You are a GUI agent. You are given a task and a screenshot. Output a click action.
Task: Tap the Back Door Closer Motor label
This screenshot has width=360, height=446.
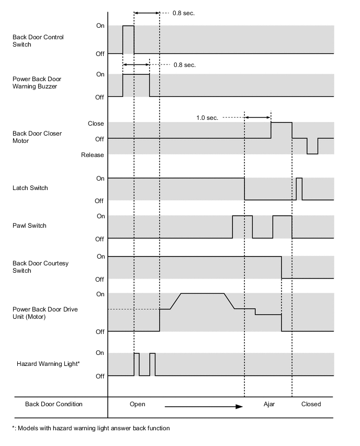coord(37,137)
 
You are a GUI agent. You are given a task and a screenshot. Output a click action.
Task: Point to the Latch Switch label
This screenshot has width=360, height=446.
coord(30,188)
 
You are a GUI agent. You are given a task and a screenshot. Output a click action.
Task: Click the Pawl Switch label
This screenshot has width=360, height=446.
coord(29,226)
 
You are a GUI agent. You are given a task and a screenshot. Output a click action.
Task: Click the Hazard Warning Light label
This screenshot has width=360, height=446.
coord(48,363)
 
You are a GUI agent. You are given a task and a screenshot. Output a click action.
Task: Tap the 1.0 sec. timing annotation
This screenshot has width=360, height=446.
coord(207,118)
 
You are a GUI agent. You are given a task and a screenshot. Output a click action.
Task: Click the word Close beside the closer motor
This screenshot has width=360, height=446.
coord(96,124)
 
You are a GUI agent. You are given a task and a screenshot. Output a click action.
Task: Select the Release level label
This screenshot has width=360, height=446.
coord(93,155)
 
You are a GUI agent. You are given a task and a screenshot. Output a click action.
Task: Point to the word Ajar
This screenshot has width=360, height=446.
coord(269,404)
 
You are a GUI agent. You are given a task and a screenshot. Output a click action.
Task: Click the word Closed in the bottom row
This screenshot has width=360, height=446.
coord(311,404)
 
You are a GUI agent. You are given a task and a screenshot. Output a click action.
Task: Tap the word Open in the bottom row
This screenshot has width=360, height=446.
coord(137,404)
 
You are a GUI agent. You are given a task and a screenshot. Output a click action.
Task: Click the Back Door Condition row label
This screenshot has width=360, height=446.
coord(54,404)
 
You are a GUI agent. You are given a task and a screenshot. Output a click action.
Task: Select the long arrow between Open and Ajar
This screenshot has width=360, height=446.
coord(204,406)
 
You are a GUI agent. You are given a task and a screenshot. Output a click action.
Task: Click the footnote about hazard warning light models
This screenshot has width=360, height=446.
coord(91,428)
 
